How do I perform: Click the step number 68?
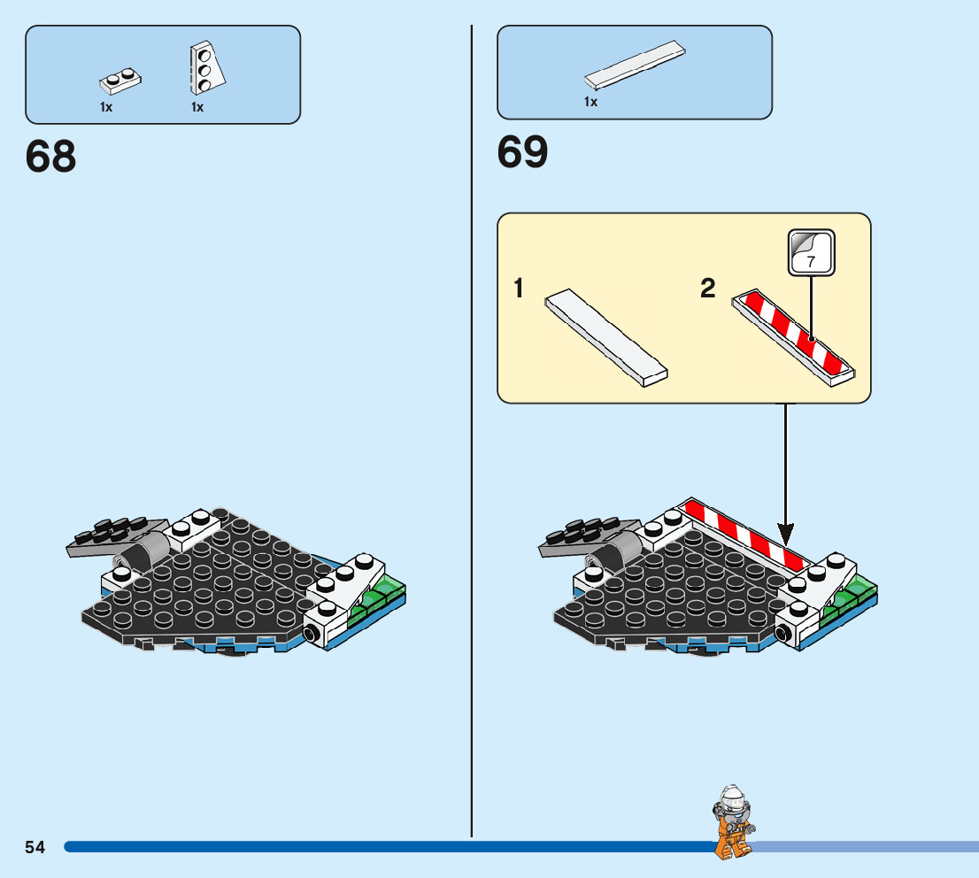pyautogui.click(x=51, y=157)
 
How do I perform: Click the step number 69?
pyautogui.click(x=522, y=152)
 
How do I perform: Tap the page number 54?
pyautogui.click(x=35, y=847)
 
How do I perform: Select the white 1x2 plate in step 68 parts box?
pyautogui.click(x=120, y=82)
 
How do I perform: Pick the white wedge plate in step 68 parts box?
pyautogui.click(x=205, y=68)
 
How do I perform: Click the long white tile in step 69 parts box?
pyautogui.click(x=636, y=65)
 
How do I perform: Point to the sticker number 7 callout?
pyautogui.click(x=812, y=251)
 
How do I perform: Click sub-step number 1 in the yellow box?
pyautogui.click(x=520, y=289)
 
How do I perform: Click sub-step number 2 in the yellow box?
pyautogui.click(x=707, y=289)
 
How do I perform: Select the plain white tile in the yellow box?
pyautogui.click(x=606, y=337)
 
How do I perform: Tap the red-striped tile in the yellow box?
pyautogui.click(x=795, y=337)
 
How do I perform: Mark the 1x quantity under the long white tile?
pyautogui.click(x=590, y=102)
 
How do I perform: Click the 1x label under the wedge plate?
pyautogui.click(x=197, y=107)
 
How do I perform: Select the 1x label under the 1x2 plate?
pyautogui.click(x=106, y=107)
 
